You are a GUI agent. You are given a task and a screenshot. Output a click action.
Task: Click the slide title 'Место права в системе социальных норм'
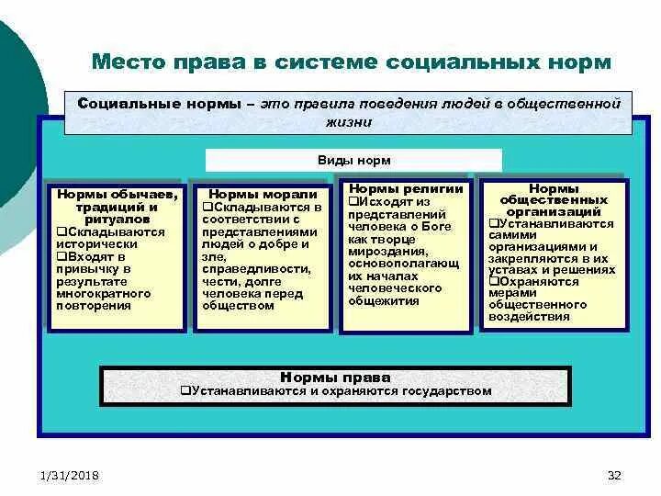351,63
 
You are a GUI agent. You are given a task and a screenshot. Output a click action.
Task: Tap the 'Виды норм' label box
353,161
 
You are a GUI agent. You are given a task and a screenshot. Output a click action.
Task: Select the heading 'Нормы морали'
263,195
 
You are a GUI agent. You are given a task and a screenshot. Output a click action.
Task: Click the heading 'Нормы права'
335,378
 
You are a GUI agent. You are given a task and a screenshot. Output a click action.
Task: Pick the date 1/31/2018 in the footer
70,475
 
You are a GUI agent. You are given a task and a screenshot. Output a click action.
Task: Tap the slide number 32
615,475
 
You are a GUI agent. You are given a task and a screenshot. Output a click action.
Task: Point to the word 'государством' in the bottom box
448,391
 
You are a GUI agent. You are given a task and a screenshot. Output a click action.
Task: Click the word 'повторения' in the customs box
94,305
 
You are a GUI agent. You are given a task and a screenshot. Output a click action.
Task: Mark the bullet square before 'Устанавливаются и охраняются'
185,391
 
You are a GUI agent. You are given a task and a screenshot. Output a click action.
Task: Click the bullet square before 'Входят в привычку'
62,257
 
